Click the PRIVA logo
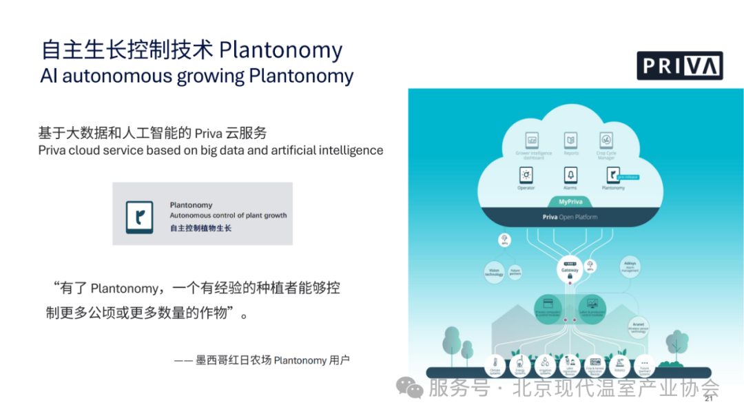[679, 65]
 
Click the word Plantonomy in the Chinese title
[280, 50]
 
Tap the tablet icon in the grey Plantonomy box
[140, 217]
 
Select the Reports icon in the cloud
[570, 140]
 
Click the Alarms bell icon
[570, 175]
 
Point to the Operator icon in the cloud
[526, 175]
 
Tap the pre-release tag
[628, 177]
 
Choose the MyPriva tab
[570, 202]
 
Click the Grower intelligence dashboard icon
[531, 140]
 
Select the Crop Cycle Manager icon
[606, 140]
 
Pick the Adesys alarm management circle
[629, 267]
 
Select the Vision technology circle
[495, 272]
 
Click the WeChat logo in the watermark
[414, 388]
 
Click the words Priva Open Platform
[570, 217]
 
